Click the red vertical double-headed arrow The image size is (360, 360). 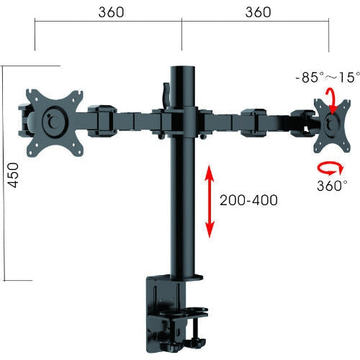click(210, 200)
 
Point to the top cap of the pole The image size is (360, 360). click(182, 69)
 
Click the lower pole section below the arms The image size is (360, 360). click(182, 209)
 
